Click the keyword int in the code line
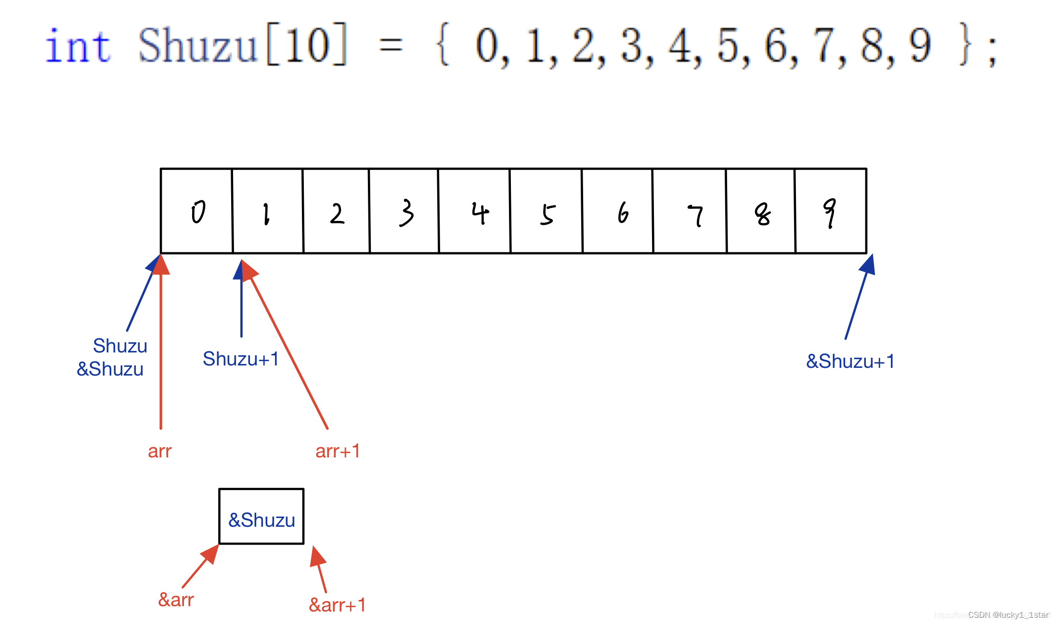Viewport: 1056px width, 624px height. click(78, 46)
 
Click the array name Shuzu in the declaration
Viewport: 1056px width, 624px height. click(197, 46)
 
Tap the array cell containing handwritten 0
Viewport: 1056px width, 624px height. click(196, 211)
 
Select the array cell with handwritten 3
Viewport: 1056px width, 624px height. click(404, 211)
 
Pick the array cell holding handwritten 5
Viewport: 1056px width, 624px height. click(546, 211)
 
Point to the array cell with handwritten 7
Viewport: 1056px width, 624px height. click(690, 211)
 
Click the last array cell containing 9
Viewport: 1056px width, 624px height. click(831, 211)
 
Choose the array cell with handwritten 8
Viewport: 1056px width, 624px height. click(761, 211)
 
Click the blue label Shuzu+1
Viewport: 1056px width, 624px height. click(241, 359)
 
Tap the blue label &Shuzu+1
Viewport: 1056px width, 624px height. click(850, 361)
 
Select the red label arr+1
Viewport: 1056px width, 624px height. click(338, 451)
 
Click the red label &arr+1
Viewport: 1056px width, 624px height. click(337, 605)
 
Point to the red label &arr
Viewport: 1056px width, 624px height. click(176, 600)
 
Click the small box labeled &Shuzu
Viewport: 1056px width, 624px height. click(261, 517)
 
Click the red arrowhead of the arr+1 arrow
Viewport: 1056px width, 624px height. click(248, 270)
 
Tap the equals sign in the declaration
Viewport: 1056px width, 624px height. click(391, 46)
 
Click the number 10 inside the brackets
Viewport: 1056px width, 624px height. click(307, 45)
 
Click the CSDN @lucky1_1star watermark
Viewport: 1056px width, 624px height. click(1008, 615)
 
